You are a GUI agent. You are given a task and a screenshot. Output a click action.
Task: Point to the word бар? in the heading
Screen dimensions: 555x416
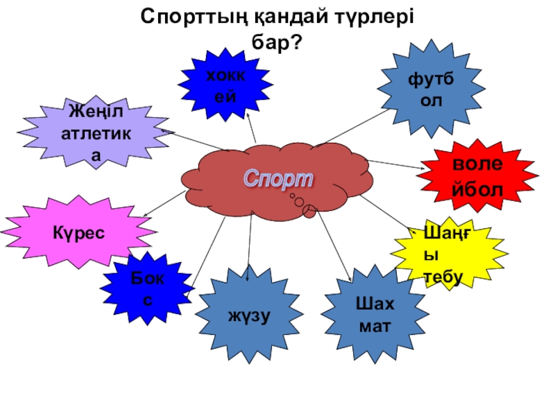pos(276,43)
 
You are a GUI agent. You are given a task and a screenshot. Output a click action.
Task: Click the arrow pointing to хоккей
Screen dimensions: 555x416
pos(253,128)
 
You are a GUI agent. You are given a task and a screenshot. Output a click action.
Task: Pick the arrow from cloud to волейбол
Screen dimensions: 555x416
pos(395,164)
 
